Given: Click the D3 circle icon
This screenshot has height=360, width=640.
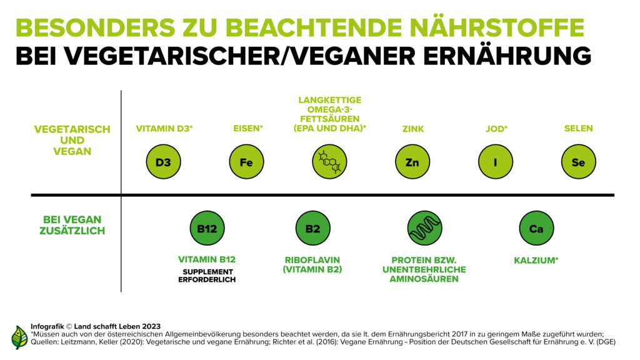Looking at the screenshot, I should pos(163,162).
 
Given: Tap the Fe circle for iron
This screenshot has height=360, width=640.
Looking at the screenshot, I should pos(246,162).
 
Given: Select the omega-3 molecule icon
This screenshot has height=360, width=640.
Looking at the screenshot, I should pos(329,162).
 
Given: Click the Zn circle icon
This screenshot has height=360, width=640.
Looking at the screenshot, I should pos(412,162).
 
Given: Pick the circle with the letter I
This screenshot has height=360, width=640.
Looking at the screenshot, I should pos(495,162).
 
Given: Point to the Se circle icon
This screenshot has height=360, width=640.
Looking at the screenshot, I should pos(578,162).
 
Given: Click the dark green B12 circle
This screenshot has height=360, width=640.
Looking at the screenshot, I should pos(207,228).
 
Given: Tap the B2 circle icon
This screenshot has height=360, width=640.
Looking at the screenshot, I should pos(312,228).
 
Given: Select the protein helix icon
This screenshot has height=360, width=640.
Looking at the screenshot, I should pos(424,228).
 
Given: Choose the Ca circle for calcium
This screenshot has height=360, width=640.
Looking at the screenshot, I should pos(536,228).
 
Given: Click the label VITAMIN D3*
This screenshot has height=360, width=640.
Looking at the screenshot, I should pos(164,129).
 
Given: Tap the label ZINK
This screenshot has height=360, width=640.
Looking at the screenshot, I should pos(412,129).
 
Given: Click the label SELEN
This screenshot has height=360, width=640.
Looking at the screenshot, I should pos(578,129).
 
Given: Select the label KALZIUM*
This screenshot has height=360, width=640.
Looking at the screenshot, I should pos(536,260).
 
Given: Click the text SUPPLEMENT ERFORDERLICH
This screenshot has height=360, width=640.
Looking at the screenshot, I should pos(207,276).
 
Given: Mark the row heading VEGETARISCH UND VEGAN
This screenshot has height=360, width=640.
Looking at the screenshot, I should pos(72,140).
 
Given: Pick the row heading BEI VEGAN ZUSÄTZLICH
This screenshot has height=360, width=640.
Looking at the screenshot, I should pos(72,225).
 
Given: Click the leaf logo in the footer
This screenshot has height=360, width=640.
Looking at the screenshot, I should pos(19,337).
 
